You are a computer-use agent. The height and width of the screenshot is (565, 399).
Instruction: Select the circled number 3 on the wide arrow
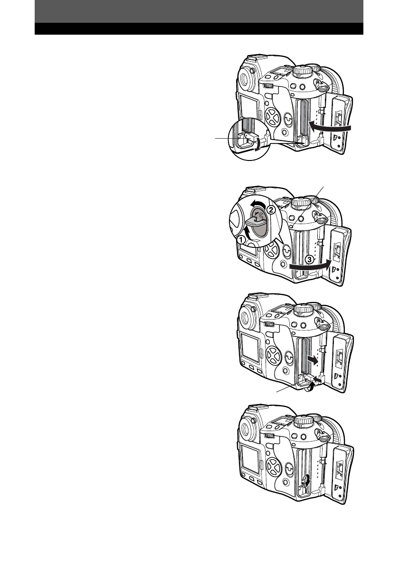(309, 260)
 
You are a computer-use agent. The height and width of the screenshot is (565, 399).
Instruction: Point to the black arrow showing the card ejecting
(313, 359)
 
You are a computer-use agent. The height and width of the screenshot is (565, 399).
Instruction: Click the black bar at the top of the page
(199, 28)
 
